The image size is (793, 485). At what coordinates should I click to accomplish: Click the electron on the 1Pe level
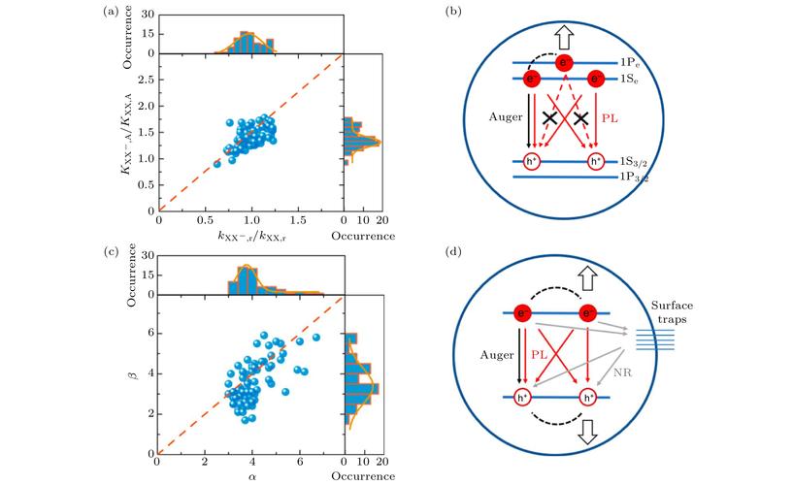click(564, 61)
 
